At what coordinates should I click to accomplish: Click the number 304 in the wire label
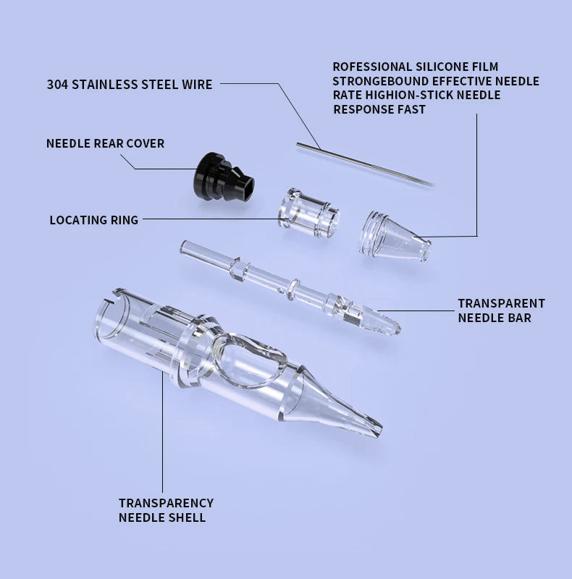pyautogui.click(x=58, y=85)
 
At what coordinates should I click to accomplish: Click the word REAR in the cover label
pyautogui.click(x=109, y=143)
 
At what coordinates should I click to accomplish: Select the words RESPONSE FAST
pyautogui.click(x=379, y=109)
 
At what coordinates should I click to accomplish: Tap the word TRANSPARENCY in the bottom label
pyautogui.click(x=166, y=503)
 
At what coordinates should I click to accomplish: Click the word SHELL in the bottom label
pyautogui.click(x=188, y=517)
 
